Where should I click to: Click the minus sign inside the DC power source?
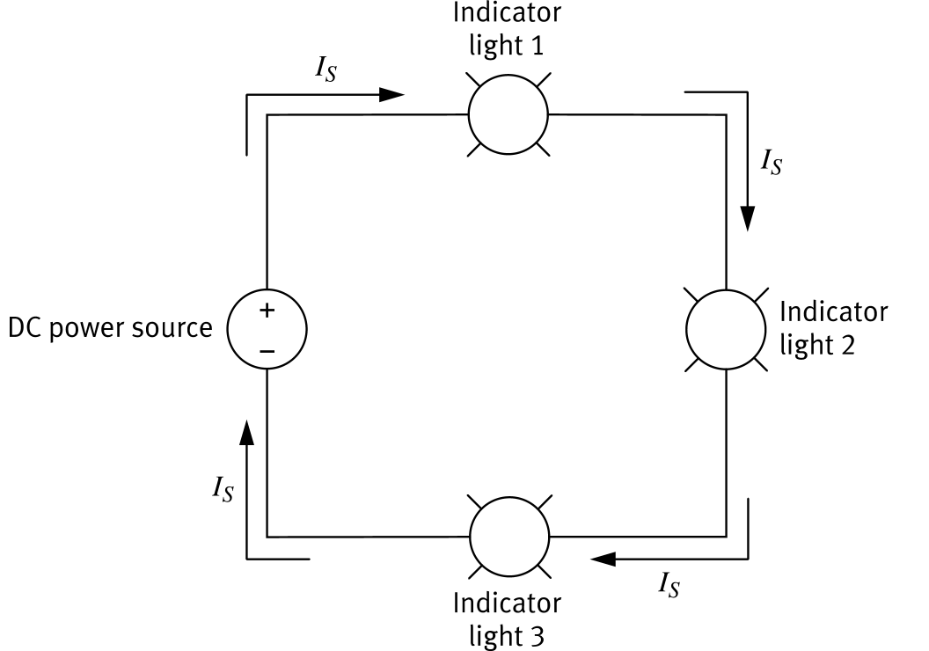(267, 351)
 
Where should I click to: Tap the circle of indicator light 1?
(508, 114)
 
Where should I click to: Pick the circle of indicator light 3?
(508, 537)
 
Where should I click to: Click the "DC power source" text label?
(111, 329)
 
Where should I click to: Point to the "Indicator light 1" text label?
(507, 30)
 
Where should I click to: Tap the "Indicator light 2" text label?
(833, 328)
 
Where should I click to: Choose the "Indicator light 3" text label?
(507, 618)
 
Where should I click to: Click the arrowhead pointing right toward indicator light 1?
(392, 94)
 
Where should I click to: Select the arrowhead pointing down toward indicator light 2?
(748, 217)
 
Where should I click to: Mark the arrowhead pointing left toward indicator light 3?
(604, 558)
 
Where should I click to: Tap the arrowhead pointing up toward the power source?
(247, 432)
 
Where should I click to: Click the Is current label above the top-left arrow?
(326, 71)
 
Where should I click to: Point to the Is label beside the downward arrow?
(771, 162)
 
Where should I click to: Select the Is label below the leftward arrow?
(669, 584)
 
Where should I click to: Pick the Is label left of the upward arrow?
(223, 488)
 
